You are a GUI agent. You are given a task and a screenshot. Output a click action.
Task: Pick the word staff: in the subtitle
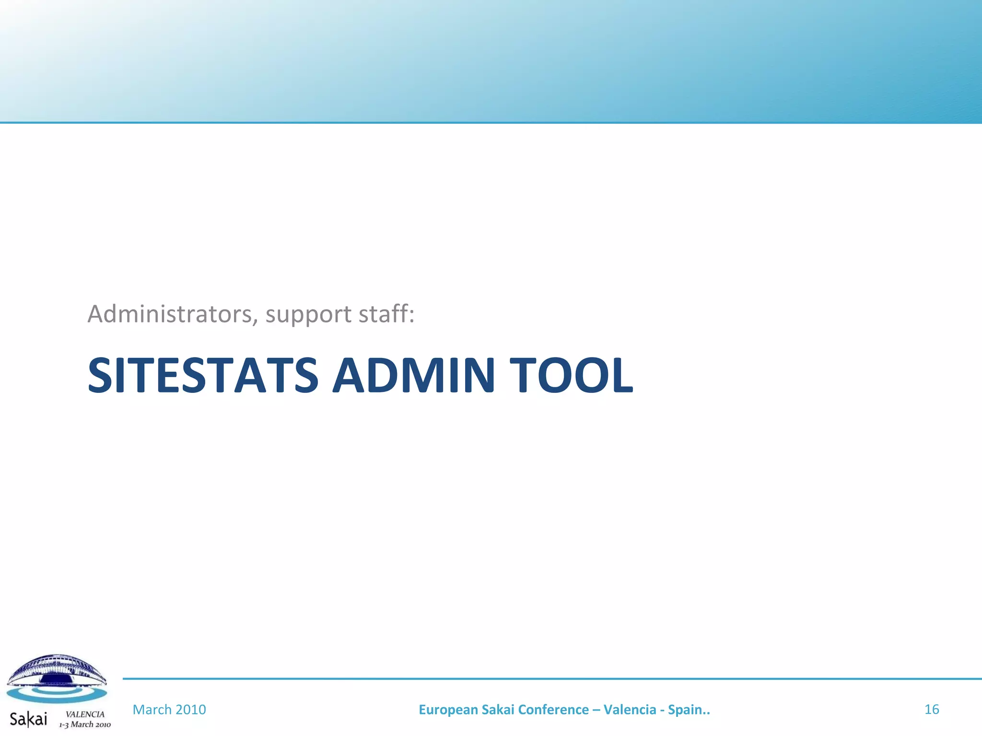386,314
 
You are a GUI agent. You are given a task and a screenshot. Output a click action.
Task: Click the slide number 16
931,709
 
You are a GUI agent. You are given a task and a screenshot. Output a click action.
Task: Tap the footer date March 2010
169,709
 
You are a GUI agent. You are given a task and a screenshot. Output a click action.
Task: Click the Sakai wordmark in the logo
29,719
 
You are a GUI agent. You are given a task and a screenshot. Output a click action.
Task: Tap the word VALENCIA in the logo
85,714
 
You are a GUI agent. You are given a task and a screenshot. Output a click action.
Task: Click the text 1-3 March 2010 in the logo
85,724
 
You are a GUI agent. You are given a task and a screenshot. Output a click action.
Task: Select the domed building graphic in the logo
57,668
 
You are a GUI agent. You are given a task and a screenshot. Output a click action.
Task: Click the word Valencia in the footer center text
630,710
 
